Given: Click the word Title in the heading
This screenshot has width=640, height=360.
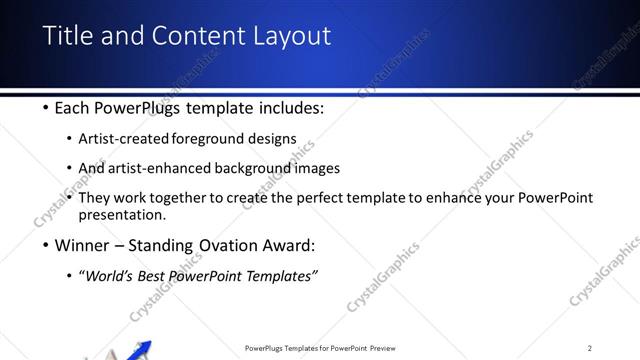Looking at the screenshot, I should (x=67, y=36).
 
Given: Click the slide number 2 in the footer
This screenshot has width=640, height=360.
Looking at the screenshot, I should (x=590, y=348).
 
